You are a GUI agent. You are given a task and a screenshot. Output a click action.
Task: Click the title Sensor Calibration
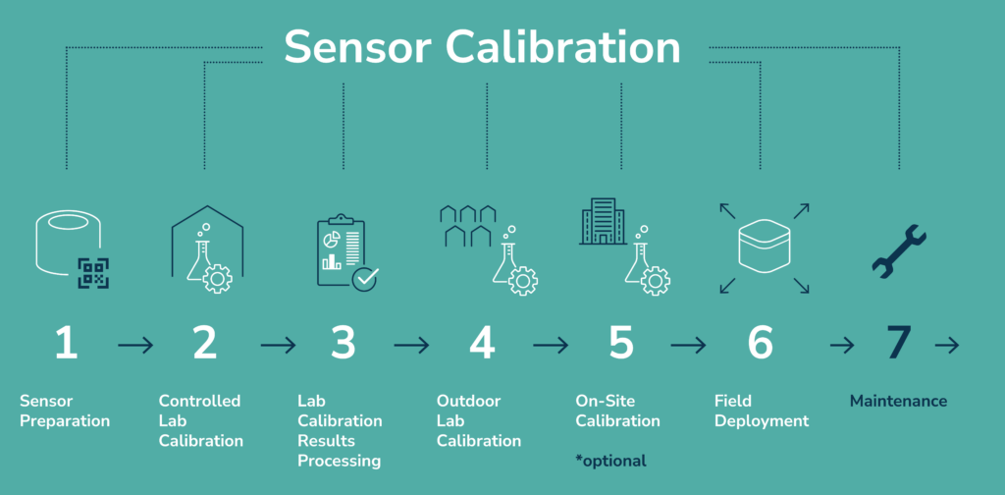coord(482,47)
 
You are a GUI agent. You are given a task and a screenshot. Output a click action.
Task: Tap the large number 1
coord(66,343)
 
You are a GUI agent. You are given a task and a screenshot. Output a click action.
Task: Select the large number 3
coord(343,343)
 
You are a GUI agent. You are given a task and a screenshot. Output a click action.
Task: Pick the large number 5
coord(620,343)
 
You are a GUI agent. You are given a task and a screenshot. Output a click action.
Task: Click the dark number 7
coord(899,343)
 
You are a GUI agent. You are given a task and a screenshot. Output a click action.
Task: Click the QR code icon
coord(93,272)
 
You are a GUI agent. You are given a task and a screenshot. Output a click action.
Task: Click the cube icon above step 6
coord(760,247)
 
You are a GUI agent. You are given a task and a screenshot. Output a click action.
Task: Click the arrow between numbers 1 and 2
coord(134,346)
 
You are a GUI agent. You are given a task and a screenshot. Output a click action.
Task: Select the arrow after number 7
coord(947,346)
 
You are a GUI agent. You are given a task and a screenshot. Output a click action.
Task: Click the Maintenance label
coord(898,401)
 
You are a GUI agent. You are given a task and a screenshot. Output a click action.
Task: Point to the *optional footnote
coord(610,460)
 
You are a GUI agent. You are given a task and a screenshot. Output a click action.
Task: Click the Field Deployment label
coord(761,411)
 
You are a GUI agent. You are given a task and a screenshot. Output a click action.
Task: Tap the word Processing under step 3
coord(339,461)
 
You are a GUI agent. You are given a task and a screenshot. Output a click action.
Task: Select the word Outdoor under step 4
coord(468,401)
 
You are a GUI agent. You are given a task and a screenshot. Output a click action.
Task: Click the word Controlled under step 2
coord(199,401)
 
